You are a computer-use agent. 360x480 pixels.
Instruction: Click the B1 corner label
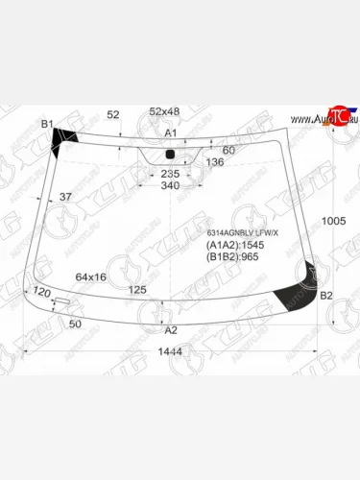click(46, 125)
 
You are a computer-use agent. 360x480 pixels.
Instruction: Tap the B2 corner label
click(325, 295)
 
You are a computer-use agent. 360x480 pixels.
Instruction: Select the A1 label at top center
click(171, 132)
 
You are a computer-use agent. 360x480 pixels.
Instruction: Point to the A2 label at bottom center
click(171, 330)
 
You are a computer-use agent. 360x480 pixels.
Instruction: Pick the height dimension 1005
click(333, 222)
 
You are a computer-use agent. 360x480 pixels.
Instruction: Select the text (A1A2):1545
click(235, 246)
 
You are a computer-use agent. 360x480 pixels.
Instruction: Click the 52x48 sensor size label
click(165, 111)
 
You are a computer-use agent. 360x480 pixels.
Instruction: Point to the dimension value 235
click(170, 174)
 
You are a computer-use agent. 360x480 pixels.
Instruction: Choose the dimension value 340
click(170, 185)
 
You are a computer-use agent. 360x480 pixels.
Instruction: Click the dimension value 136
click(215, 161)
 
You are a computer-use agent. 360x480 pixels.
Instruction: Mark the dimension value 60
click(228, 150)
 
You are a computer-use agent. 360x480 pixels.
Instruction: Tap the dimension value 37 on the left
click(65, 197)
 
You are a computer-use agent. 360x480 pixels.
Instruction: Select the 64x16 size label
click(91, 277)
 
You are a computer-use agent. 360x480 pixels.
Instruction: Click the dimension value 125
click(137, 289)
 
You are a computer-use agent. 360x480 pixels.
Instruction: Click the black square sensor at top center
click(170, 155)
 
